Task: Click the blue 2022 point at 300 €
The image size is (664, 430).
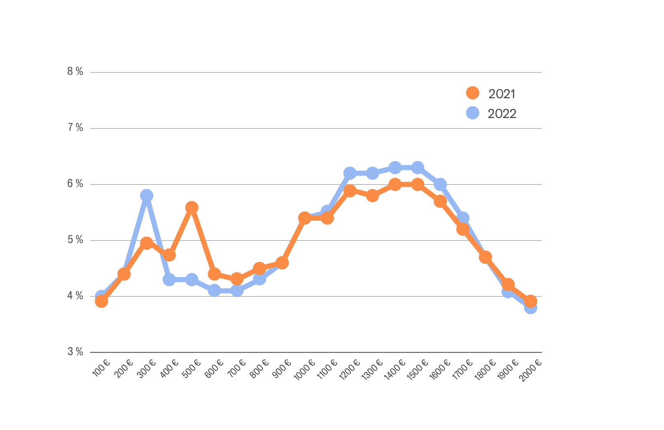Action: tap(147, 195)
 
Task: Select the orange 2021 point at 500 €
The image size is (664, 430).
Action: tap(191, 207)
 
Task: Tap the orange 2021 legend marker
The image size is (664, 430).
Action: tap(473, 93)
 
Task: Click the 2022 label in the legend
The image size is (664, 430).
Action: tap(502, 114)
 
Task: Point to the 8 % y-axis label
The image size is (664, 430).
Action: tap(75, 72)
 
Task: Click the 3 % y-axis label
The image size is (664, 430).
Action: tap(75, 352)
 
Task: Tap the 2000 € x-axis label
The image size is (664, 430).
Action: tap(531, 370)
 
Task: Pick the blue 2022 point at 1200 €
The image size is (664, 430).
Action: tap(350, 173)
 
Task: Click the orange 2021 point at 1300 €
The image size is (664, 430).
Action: tap(372, 195)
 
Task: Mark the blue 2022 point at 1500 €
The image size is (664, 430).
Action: tap(418, 168)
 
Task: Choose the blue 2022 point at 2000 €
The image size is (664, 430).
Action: tap(531, 308)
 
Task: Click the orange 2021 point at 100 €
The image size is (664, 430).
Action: tap(102, 301)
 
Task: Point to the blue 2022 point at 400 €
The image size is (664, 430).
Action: tap(169, 280)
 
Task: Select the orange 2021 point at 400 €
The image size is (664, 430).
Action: tap(169, 255)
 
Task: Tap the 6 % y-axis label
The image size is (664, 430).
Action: tap(75, 184)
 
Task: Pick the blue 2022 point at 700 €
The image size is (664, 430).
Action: tap(237, 291)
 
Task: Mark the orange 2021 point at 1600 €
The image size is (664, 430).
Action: tap(440, 201)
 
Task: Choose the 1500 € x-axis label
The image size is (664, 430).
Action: tap(418, 369)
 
